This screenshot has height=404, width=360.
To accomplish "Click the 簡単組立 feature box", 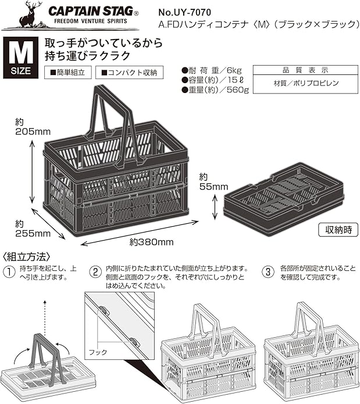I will [x=68, y=73].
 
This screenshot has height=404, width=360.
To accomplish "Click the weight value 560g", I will [x=237, y=90].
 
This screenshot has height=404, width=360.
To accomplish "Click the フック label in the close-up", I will [x=95, y=352].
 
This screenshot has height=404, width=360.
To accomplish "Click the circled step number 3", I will [x=268, y=271].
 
